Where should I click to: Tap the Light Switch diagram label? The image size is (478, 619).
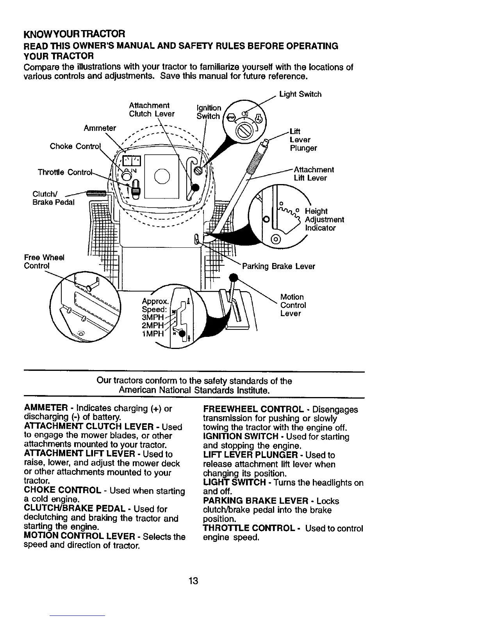300,94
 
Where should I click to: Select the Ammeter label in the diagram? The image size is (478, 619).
100,128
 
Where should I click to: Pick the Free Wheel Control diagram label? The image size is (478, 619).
44,261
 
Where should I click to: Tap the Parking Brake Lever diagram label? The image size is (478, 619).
278,267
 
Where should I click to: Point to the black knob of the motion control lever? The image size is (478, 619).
234,278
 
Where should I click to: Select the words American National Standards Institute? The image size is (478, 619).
194,390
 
